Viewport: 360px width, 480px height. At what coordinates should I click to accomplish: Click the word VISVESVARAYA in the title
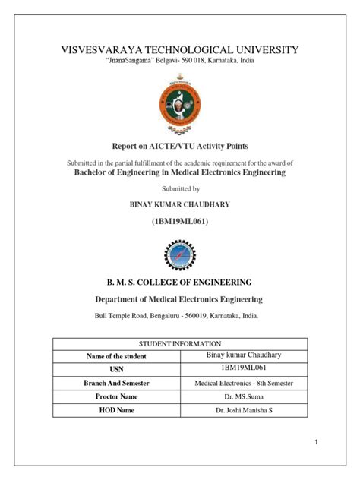tap(87, 50)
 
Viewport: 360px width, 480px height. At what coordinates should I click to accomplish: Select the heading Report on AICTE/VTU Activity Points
tap(179, 145)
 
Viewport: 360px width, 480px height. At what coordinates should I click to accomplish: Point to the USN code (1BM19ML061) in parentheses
tap(179, 221)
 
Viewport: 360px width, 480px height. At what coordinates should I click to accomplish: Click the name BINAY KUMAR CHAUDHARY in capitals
tap(179, 205)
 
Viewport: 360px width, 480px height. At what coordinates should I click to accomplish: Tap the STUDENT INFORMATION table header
tap(179, 344)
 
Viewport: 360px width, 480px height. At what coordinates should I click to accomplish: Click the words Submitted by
tap(179, 188)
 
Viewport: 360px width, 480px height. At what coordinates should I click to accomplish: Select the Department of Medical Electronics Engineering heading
tap(179, 300)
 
